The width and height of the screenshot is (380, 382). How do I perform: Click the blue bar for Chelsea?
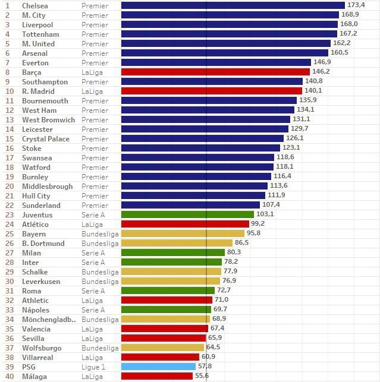point(233,5)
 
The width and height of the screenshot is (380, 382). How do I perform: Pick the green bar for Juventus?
point(187,214)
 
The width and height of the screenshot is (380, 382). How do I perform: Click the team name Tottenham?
point(39,34)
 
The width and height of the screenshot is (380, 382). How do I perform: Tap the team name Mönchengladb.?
point(49,319)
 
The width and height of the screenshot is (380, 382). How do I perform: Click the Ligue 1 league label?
point(94,367)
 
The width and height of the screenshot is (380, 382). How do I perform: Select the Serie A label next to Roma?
point(93,291)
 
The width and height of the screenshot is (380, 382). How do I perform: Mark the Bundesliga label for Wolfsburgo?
point(100,348)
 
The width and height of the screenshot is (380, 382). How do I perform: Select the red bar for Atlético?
point(185,224)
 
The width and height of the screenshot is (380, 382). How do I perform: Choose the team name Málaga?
point(34,376)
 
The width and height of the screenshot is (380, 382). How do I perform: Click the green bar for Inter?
point(172,262)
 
